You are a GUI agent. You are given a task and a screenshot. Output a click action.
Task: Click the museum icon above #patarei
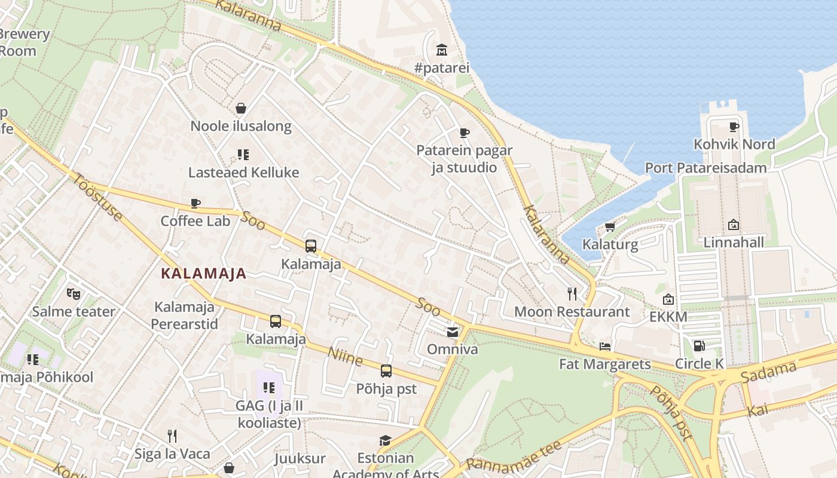[442, 49]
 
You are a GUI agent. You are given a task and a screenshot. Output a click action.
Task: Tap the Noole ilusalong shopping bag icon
[241, 108]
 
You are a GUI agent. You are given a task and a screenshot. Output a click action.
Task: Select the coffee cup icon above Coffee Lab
[195, 203]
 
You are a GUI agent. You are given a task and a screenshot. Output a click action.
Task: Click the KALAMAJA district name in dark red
[204, 274]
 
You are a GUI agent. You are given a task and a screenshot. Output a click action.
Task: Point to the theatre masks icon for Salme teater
[74, 293]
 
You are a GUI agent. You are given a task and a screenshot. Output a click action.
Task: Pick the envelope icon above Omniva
[453, 332]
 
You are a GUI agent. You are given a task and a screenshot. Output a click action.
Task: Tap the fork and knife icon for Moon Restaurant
[572, 293]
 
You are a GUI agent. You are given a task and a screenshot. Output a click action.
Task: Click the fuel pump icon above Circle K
[698, 345]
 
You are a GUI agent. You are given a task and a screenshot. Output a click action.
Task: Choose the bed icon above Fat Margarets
[605, 346]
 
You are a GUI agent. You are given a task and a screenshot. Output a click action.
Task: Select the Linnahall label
[734, 243]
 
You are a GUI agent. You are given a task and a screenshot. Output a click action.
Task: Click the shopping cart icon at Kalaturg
[610, 226]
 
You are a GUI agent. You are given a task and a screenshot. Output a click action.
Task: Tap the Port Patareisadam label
[705, 168]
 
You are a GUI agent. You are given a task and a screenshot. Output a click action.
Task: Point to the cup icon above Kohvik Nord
[734, 127]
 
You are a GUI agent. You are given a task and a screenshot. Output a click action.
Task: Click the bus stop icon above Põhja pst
[386, 370]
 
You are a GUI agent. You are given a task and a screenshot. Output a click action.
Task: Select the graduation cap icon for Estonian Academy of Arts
[386, 440]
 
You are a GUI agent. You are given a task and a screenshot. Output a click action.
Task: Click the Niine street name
[345, 357]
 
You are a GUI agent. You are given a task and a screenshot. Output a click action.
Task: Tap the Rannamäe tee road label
[514, 456]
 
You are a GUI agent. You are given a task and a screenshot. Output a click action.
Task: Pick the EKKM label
[668, 317]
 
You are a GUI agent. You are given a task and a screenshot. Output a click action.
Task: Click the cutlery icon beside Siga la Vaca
[172, 436]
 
